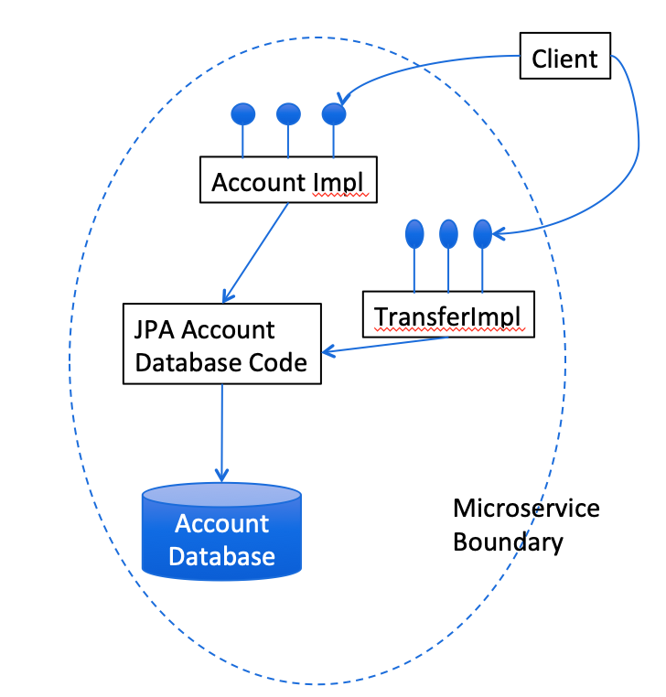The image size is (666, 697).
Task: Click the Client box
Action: (x=564, y=59)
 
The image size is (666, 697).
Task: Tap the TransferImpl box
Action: (x=447, y=316)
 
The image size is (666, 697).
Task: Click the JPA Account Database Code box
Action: (x=222, y=344)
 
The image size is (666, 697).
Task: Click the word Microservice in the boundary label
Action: (x=527, y=508)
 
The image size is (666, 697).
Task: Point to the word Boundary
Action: (x=508, y=542)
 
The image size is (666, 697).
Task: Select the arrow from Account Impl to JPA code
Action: (x=256, y=252)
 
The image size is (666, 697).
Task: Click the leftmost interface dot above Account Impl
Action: (x=242, y=113)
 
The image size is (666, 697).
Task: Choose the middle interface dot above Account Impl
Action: (x=288, y=113)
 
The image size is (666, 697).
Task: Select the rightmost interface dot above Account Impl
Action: (x=334, y=113)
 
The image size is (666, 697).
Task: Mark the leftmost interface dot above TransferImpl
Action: (x=414, y=234)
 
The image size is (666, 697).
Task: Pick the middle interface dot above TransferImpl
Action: (x=448, y=234)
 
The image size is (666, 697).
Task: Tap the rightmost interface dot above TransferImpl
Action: (x=482, y=234)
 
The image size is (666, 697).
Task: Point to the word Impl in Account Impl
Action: (x=339, y=182)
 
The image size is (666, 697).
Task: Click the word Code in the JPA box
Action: (x=275, y=362)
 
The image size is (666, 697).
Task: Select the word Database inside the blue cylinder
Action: (x=222, y=555)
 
